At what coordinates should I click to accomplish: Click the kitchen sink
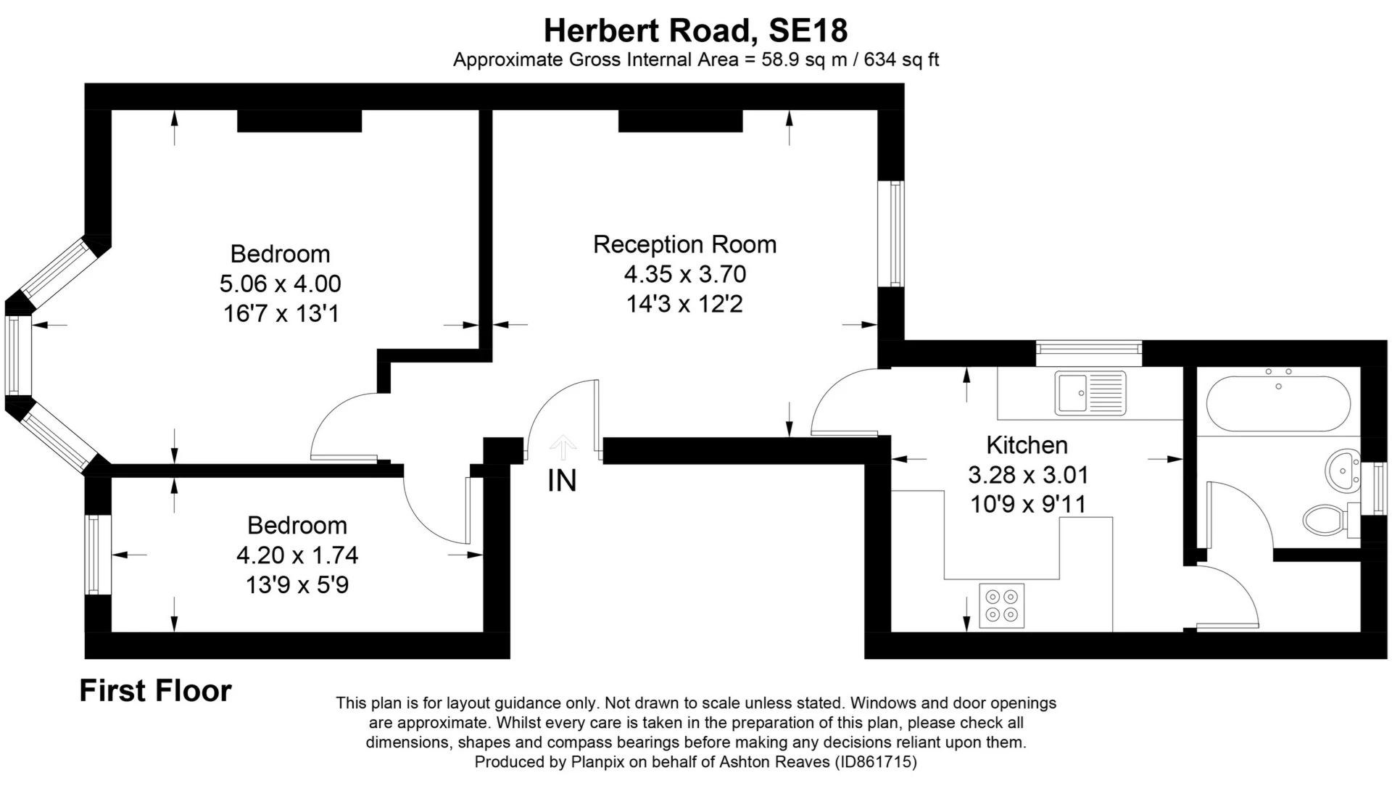point(1090,393)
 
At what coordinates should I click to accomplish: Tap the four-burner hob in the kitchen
point(1002,605)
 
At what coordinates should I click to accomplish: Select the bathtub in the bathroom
point(1279,403)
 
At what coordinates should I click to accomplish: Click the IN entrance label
point(562,481)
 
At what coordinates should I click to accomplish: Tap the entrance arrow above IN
point(563,447)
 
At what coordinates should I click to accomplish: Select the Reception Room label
point(685,244)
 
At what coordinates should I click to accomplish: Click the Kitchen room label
point(1027,444)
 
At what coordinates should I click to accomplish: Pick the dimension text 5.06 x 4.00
point(281,284)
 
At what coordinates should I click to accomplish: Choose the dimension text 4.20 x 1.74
point(297,555)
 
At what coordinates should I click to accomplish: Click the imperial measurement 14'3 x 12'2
point(685,304)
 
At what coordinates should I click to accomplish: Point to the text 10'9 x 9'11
point(1028,504)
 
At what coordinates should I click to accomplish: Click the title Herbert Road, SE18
point(696,30)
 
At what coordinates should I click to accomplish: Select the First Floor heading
point(155,691)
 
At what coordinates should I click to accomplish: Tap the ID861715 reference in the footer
point(876,762)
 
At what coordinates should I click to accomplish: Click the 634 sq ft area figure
point(901,59)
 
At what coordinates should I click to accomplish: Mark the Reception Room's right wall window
point(892,233)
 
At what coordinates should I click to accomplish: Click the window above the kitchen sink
point(1089,353)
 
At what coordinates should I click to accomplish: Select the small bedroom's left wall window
point(98,555)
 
